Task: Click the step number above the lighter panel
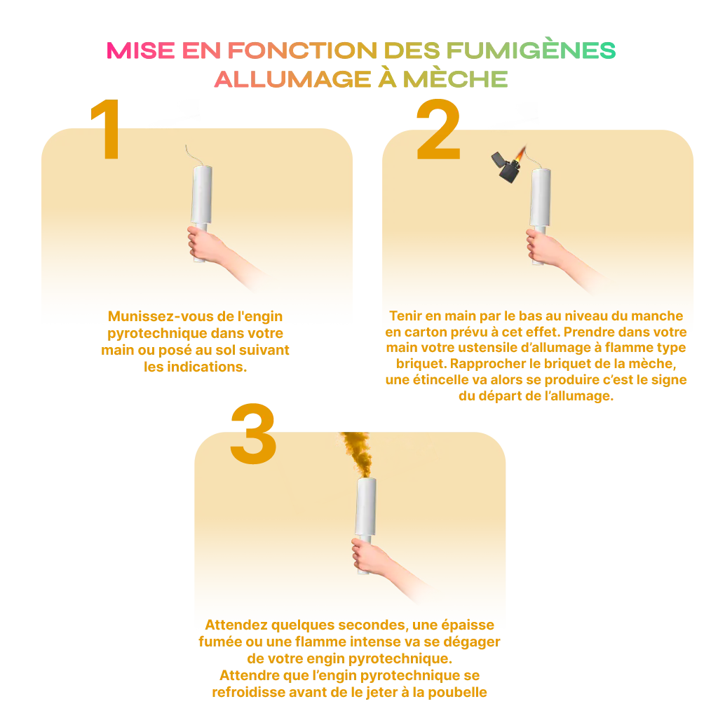click(438, 116)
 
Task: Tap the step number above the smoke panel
click(252, 419)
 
